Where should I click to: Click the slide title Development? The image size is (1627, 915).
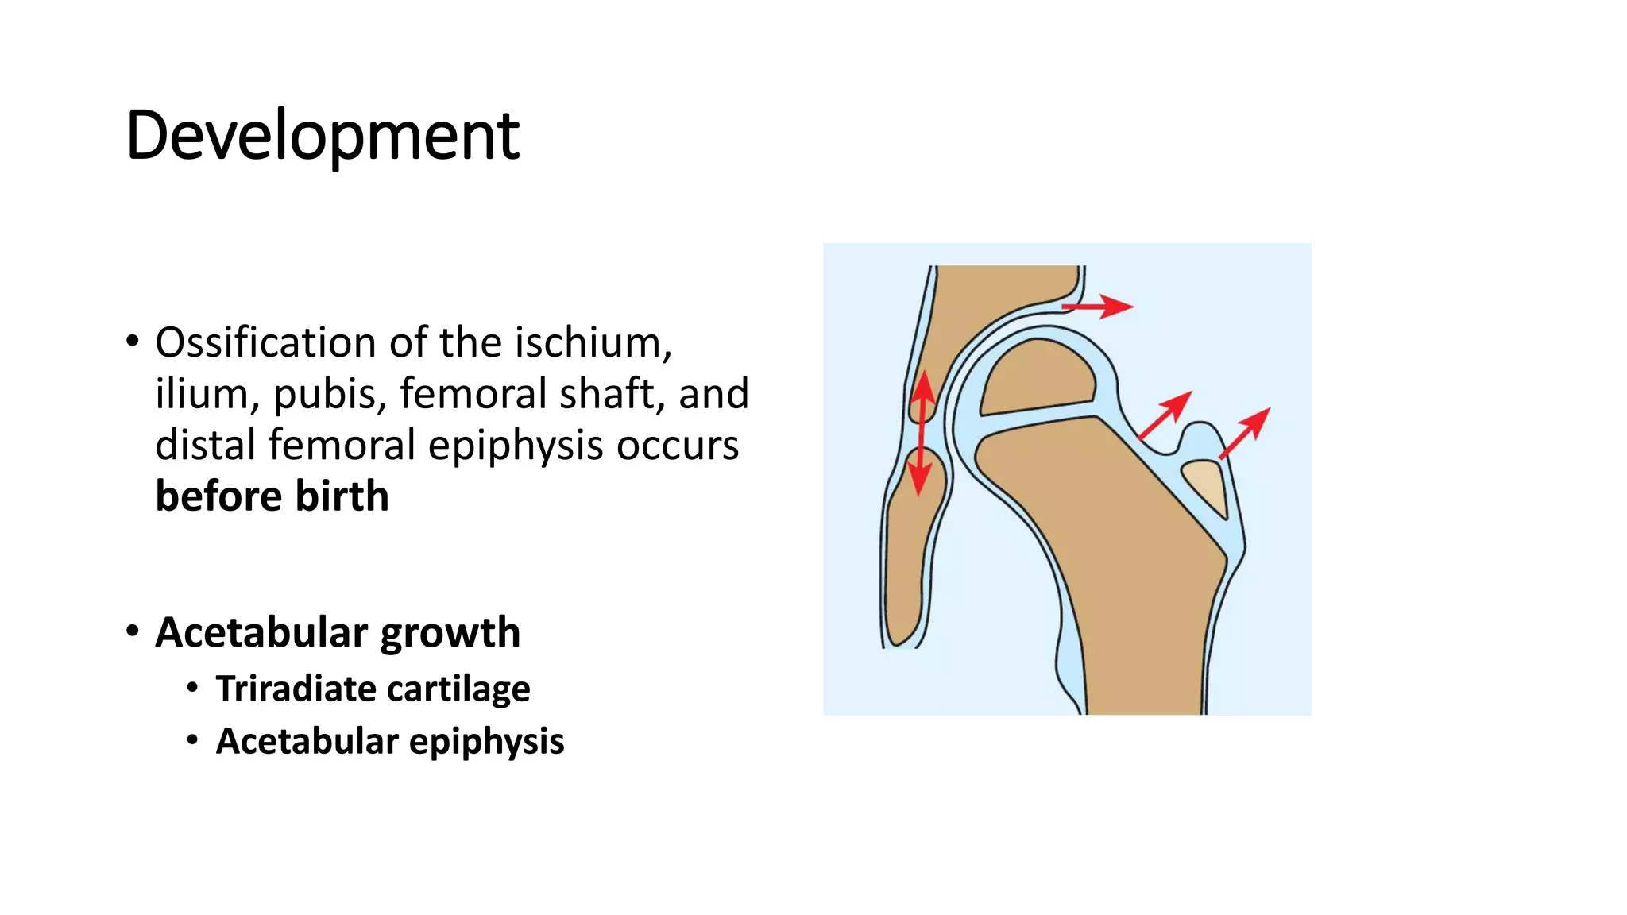coord(322,136)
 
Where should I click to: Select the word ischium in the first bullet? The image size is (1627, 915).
coord(593,343)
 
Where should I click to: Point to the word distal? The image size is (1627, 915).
coord(204,445)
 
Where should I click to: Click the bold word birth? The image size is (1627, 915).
coord(342,496)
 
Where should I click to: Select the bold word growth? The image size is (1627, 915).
coord(450,633)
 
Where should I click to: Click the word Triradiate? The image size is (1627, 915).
coord(292,689)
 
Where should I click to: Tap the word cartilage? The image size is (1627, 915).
coord(469,689)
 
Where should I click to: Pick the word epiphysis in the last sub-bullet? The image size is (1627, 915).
coord(486,741)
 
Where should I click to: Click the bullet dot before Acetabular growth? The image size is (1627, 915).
coord(133,631)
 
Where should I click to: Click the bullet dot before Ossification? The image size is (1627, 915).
coord(133,342)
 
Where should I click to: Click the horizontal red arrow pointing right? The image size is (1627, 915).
coord(1097,306)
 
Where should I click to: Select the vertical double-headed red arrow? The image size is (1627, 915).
coord(922,433)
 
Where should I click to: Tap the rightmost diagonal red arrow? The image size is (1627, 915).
coord(1244,433)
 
